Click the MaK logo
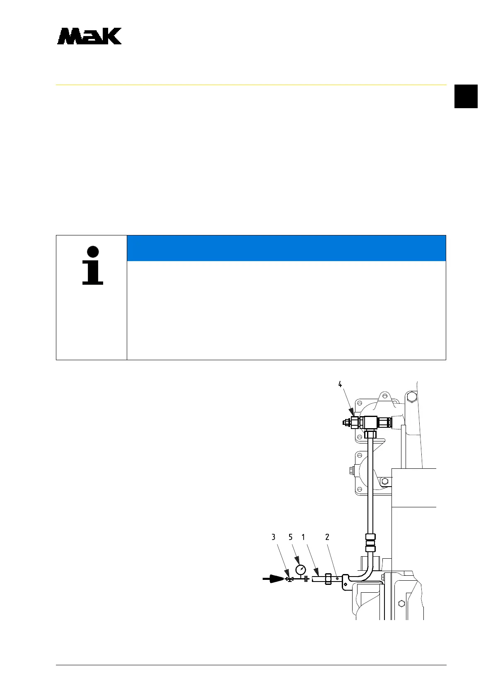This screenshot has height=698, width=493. point(89,36)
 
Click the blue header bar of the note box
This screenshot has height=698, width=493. point(286,248)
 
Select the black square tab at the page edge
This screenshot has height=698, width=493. point(466,96)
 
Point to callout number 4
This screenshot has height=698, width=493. point(340,384)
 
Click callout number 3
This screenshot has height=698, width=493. point(273,537)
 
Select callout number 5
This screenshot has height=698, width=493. point(290,537)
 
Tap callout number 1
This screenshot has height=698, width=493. point(303,537)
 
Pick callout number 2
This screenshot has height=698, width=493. point(327,537)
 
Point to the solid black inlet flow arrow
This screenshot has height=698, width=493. point(273,579)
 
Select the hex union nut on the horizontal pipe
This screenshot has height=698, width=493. point(328,579)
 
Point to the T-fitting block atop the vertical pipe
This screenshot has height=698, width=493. point(370,422)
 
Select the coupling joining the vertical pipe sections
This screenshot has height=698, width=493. point(370,543)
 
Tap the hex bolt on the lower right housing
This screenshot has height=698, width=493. point(401,603)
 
